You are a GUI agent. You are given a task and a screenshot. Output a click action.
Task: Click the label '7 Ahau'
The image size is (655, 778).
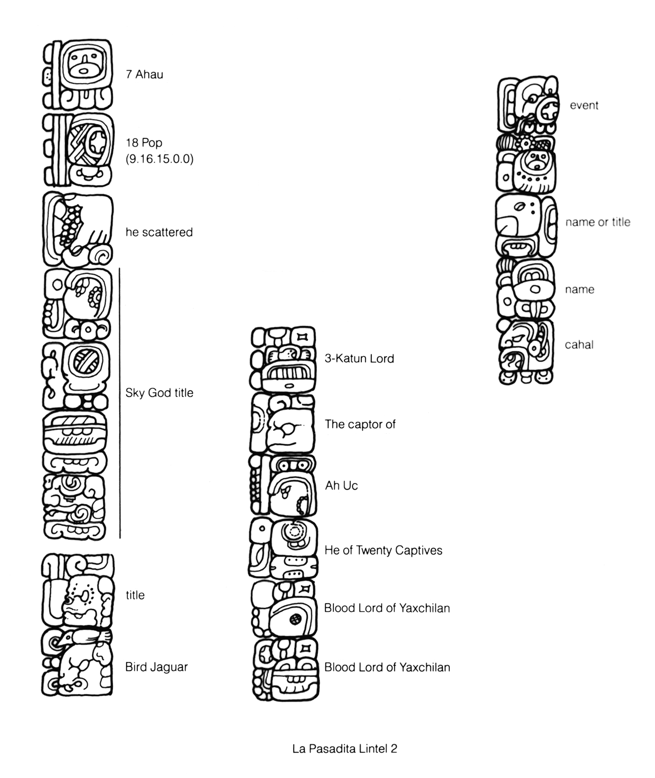point(145,74)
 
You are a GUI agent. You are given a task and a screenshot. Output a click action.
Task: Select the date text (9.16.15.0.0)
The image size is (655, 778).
point(160,159)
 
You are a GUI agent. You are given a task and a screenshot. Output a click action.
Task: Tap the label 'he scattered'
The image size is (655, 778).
point(159,232)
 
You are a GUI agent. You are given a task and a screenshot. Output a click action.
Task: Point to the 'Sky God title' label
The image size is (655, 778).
point(159,393)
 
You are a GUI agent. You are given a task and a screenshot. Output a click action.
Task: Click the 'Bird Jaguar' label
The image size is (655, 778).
point(157,667)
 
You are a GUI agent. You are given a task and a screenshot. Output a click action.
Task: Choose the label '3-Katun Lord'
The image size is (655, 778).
point(359,358)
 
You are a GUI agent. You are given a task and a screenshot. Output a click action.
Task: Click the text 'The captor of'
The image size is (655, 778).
point(360,424)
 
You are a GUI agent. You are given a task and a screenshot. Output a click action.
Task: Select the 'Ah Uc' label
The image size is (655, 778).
point(341,486)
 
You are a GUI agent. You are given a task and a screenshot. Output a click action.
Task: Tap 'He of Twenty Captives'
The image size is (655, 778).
point(384,550)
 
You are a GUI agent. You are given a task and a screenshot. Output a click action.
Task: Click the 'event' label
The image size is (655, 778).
point(584,106)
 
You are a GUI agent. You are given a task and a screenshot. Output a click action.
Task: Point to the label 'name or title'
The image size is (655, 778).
point(598,222)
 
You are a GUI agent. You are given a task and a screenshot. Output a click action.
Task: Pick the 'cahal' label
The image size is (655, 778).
point(579,344)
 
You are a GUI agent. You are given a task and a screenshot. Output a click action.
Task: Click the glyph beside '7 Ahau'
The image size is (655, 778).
point(77,75)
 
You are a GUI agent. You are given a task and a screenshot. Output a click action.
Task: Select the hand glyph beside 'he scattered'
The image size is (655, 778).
point(78,229)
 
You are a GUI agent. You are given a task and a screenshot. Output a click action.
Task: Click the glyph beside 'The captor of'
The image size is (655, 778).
point(283,424)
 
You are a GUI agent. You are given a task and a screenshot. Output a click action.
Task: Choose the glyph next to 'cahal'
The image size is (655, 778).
point(526,352)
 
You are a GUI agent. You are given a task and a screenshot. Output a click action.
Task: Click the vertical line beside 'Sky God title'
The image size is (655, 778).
point(120,403)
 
